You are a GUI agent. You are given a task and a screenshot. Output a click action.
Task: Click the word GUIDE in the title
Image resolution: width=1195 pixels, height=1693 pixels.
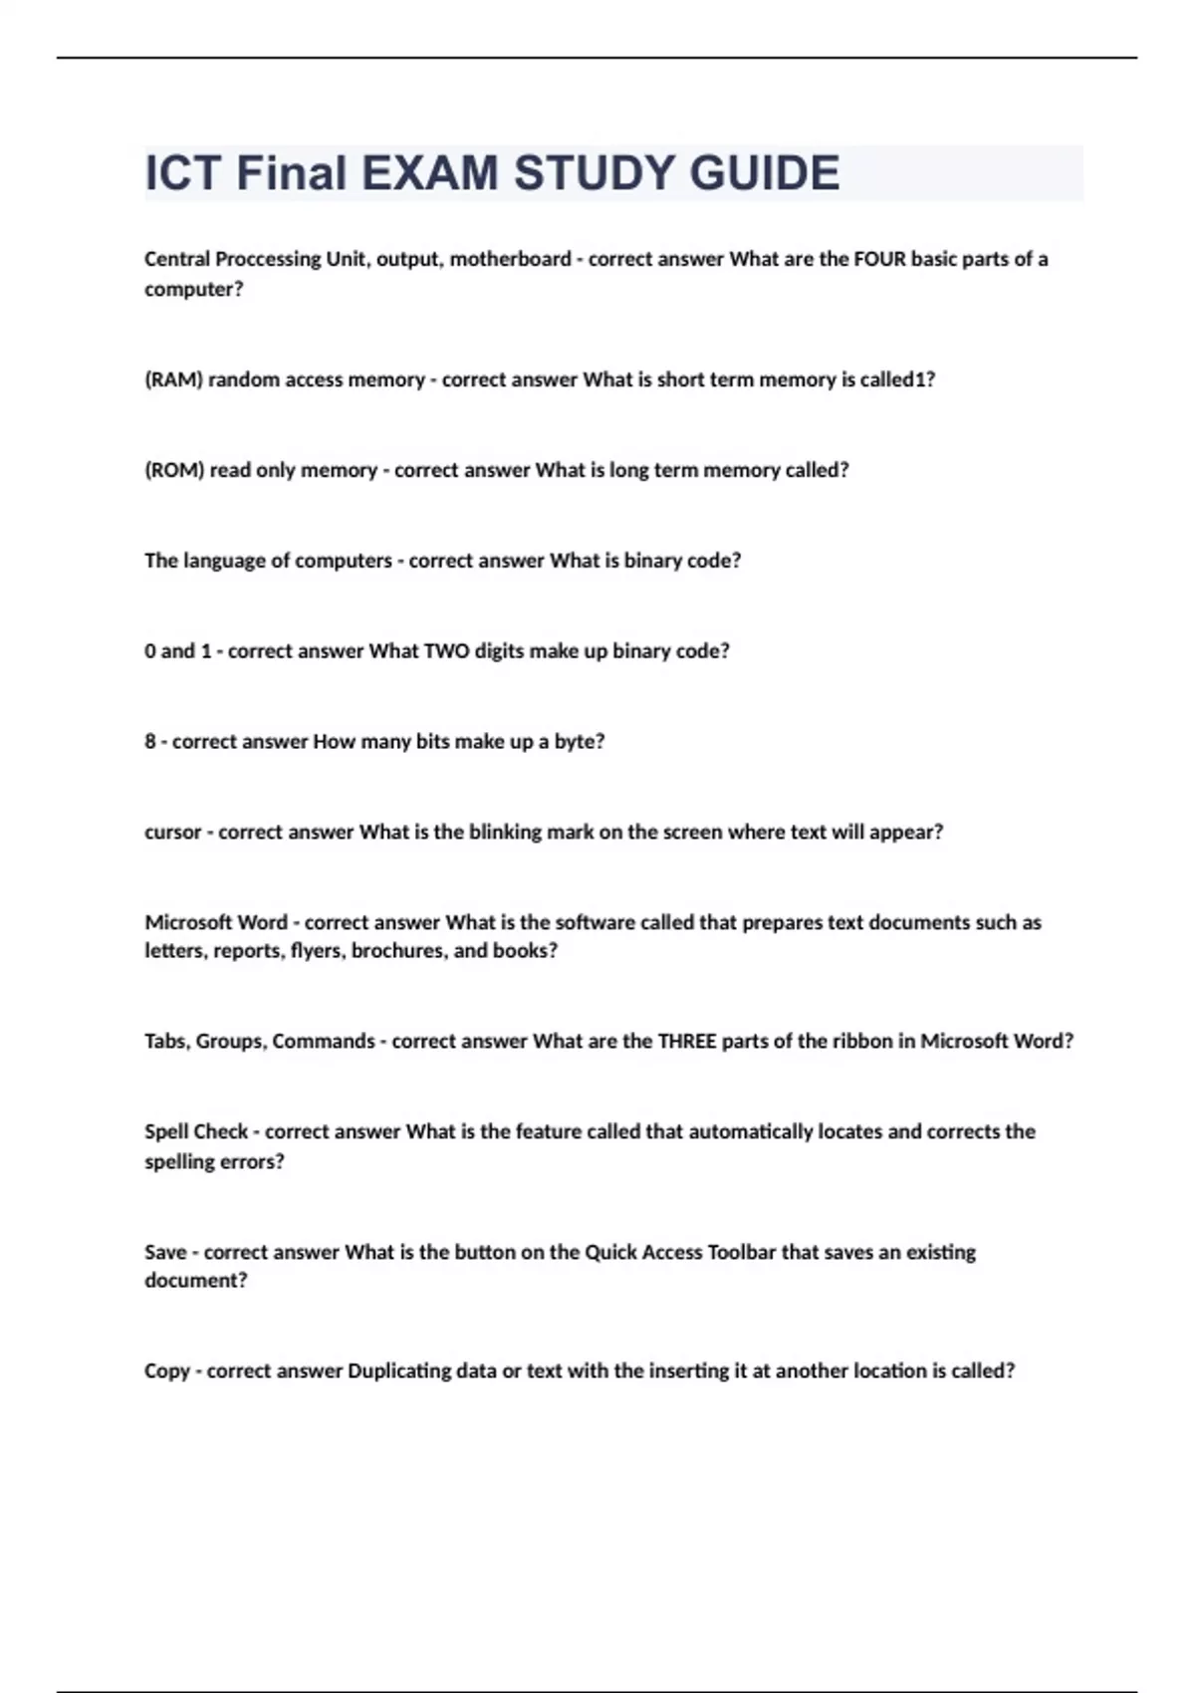(764, 173)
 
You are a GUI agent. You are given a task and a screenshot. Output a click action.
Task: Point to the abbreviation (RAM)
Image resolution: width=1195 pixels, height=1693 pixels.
(173, 379)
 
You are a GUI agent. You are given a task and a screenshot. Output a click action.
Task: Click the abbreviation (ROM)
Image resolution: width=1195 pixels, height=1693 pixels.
(174, 470)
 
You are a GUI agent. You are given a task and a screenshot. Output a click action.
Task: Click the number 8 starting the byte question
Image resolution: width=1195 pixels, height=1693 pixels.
(150, 742)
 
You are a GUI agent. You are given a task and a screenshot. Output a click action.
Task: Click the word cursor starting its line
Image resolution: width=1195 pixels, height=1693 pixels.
(173, 833)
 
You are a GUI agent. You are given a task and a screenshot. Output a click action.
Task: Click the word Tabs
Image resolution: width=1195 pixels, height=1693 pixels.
(165, 1042)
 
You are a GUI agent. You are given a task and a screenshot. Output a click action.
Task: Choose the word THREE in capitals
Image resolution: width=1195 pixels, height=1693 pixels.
(687, 1042)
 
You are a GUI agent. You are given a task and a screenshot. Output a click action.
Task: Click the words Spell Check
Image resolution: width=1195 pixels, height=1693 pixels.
(196, 1132)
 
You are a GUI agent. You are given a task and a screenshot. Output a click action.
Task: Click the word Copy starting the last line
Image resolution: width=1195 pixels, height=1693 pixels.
(167, 1371)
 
